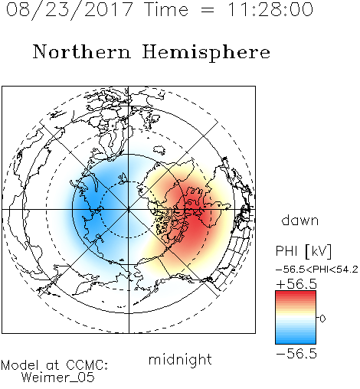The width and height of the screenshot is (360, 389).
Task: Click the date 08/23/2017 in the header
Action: pyautogui.click(x=70, y=10)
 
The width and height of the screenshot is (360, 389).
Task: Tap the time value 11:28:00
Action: pyautogui.click(x=270, y=10)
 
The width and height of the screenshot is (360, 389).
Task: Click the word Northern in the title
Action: pyautogui.click(x=82, y=51)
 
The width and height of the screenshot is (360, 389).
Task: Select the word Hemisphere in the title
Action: pyautogui.click(x=206, y=53)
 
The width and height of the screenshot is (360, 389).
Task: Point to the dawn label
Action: pyautogui.click(x=300, y=221)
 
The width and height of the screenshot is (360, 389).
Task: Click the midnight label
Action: pyautogui.click(x=180, y=360)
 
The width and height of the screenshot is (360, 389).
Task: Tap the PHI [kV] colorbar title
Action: pyautogui.click(x=303, y=251)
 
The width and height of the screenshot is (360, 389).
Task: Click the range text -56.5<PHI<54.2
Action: pyautogui.click(x=317, y=270)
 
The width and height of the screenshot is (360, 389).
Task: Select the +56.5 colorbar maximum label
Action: pyautogui.click(x=296, y=284)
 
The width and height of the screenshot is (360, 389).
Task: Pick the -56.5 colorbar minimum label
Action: pyautogui.click(x=296, y=354)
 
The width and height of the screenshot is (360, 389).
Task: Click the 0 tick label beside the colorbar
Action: pyautogui.click(x=322, y=319)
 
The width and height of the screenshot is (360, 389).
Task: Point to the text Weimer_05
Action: pyautogui.click(x=58, y=378)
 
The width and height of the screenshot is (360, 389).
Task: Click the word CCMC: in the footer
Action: pyautogui.click(x=87, y=365)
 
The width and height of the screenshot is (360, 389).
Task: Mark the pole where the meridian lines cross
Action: pyautogui.click(x=129, y=209)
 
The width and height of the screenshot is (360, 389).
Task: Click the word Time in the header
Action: pyautogui.click(x=166, y=10)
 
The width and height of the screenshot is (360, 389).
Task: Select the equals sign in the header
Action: pyautogui.click(x=207, y=11)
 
